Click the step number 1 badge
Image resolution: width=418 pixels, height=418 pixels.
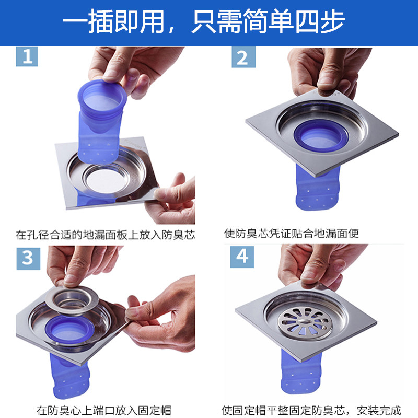coord(27,56)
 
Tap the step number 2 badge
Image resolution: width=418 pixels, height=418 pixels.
coord(243,57)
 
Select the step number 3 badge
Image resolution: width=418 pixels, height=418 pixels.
coord(28,259)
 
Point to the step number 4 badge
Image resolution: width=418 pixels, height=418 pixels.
coord(242,257)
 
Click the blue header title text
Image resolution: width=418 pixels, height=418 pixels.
coord(204,21)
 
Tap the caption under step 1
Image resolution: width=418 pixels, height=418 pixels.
coord(106,235)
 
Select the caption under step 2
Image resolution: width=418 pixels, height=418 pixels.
coord(292,234)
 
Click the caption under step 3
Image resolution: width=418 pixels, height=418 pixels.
coord(103,410)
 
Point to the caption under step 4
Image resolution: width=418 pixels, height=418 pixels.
coord(311,410)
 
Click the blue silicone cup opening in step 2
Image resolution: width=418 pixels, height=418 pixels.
coord(321,135)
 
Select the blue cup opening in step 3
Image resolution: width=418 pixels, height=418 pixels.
coord(69,330)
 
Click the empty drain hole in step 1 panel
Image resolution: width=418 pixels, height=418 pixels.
coord(106,180)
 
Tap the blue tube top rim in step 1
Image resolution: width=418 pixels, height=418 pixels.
coord(102,96)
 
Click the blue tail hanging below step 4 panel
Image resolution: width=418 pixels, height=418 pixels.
coord(301,373)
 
